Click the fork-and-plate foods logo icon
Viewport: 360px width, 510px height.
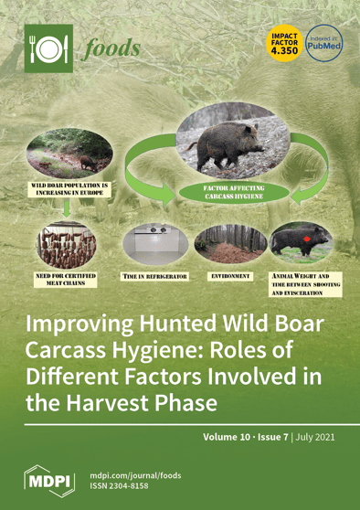point(47,48)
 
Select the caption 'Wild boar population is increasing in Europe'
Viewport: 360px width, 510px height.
point(70,189)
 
